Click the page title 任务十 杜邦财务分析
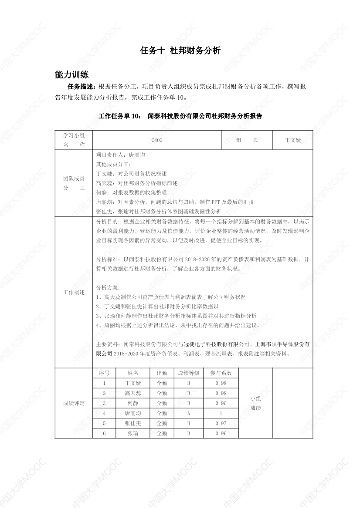coord(180,51)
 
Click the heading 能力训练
coord(72,74)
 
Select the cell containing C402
coord(157,140)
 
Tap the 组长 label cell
coord(247,140)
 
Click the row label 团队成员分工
coord(74,183)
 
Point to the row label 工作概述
coord(74,292)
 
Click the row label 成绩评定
coord(74,403)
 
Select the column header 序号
coord(104,373)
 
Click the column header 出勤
coord(162,373)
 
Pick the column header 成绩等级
coord(189,373)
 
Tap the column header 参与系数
coord(221,373)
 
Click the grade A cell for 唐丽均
coord(189,413)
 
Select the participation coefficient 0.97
coord(221,423)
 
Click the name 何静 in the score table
coord(133,403)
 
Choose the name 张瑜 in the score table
coord(133,433)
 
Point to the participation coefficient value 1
coord(221,413)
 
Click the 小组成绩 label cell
coord(256,403)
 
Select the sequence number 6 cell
coord(104,433)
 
